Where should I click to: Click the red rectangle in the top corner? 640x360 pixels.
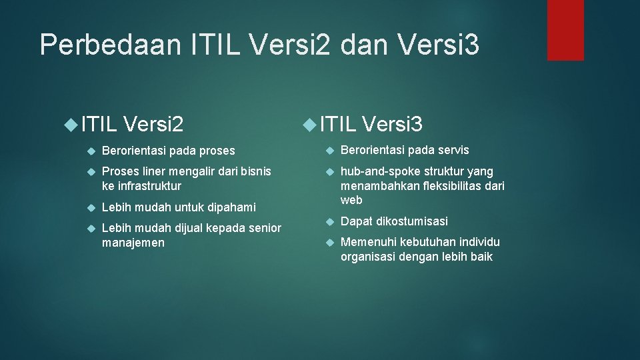pos(565,30)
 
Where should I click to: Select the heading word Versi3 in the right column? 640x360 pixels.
pos(393,123)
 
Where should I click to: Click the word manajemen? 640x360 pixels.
pos(133,243)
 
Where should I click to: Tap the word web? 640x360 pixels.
pos(351,200)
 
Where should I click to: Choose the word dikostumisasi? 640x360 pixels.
pos(415,221)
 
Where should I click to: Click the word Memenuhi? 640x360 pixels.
pos(368,242)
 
